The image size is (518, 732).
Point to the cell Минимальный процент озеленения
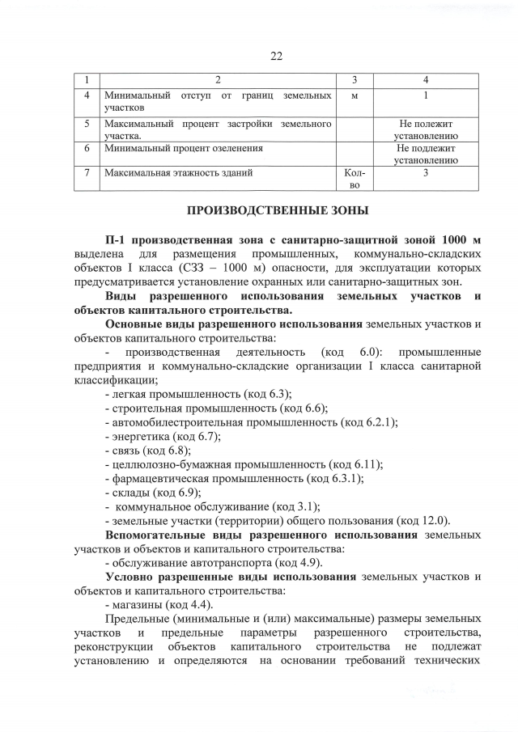pos(183,149)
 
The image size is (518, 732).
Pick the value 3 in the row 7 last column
pos(426,173)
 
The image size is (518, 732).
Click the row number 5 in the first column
pos(86,124)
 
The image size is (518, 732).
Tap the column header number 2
pos(217,79)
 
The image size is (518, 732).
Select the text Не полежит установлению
pos(426,129)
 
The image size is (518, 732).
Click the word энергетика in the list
pos(135,436)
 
